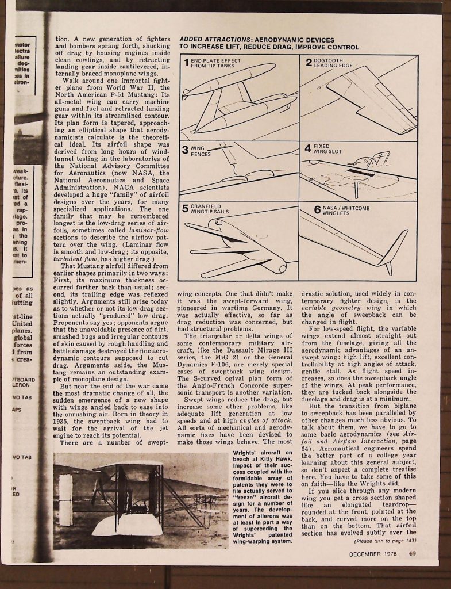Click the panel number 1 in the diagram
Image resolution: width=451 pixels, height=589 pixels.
186,62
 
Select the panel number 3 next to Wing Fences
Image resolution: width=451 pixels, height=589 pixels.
185,151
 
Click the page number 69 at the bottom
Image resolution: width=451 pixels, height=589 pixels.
413,554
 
